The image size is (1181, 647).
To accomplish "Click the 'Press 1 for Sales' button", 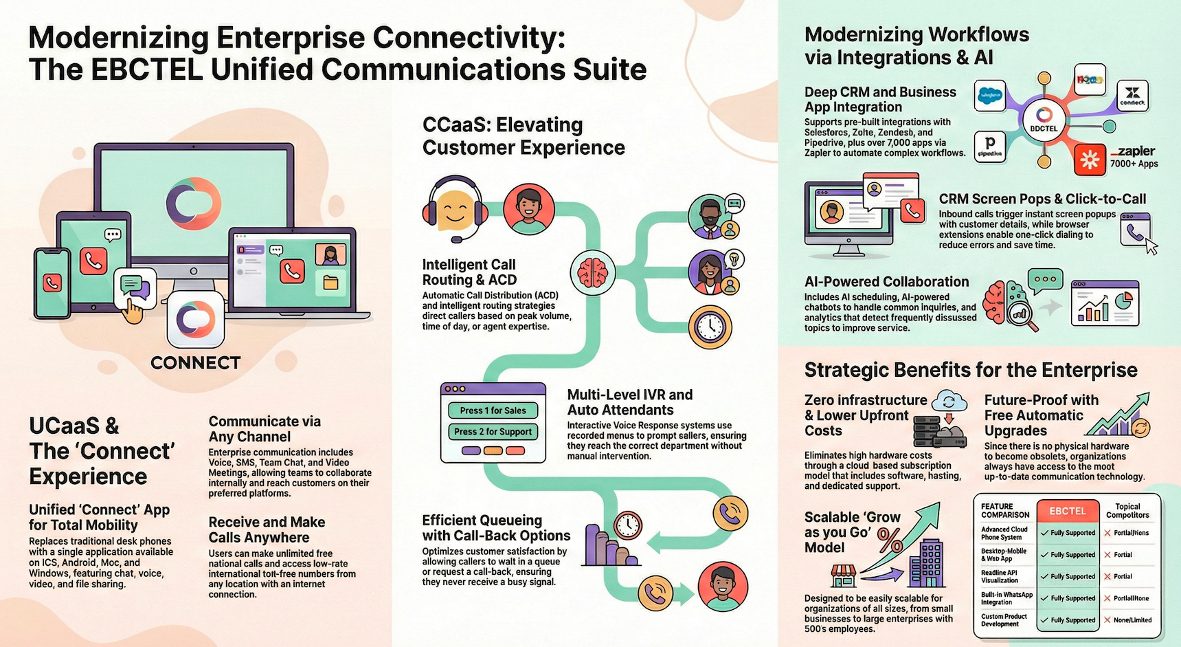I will click(x=493, y=410).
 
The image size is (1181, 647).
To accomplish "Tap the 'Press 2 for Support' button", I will click(x=493, y=432).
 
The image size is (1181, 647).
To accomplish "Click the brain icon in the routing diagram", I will click(x=592, y=273).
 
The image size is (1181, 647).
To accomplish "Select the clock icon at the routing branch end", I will click(x=710, y=327).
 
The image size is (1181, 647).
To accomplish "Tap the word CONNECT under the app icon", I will click(x=196, y=363).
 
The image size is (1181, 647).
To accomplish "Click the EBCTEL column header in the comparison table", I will click(x=1067, y=511).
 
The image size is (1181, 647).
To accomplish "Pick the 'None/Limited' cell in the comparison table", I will click(x=1128, y=620).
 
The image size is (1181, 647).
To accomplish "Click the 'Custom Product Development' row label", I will click(x=1004, y=620).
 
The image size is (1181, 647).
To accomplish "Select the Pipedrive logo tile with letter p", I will click(x=990, y=146).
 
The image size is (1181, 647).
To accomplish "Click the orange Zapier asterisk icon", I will click(x=1090, y=161).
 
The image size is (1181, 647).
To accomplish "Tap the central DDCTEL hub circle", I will click(x=1044, y=120).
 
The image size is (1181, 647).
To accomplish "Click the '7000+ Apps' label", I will click(x=1134, y=164).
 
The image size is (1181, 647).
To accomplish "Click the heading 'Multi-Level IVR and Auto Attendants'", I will click(x=629, y=402).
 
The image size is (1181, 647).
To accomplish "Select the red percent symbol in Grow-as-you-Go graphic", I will click(x=890, y=539).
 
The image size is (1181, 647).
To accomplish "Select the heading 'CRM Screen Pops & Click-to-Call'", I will click(x=1042, y=199).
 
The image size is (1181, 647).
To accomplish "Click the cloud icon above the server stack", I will click(x=949, y=401).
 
